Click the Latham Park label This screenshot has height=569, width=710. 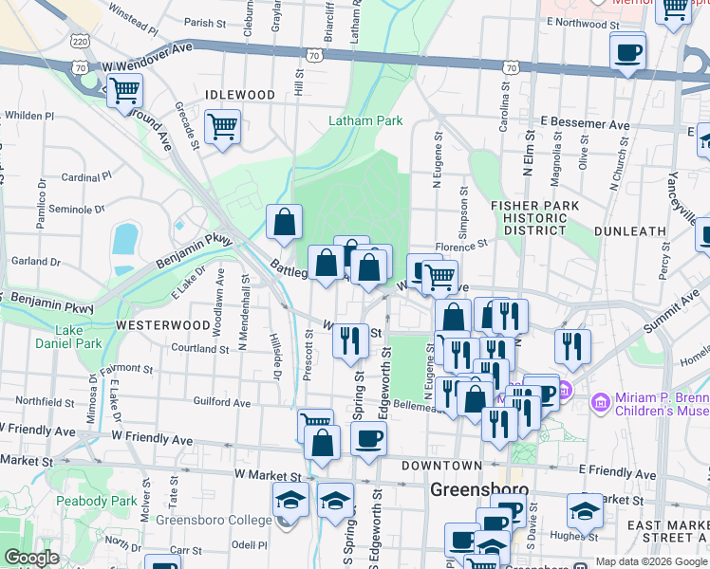365,120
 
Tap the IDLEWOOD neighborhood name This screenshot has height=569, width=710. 240,96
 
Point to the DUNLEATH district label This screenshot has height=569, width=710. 629,230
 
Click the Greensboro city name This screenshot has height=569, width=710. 479,490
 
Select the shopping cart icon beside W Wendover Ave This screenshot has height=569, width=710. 124,92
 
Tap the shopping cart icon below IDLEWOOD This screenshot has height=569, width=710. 222,126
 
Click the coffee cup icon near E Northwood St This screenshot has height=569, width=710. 627,51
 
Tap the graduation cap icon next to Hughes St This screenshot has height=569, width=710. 585,510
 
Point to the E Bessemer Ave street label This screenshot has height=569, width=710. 586,124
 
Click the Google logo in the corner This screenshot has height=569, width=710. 32,559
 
